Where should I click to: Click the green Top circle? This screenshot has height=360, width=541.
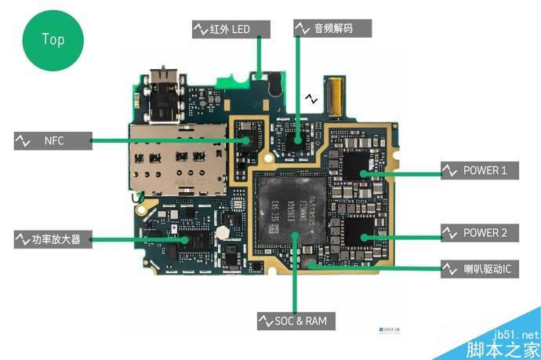click(53, 38)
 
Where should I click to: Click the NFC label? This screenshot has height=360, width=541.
click(53, 141)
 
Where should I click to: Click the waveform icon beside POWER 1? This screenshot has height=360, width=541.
click(449, 170)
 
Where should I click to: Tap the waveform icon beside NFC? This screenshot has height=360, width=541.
click(22, 141)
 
